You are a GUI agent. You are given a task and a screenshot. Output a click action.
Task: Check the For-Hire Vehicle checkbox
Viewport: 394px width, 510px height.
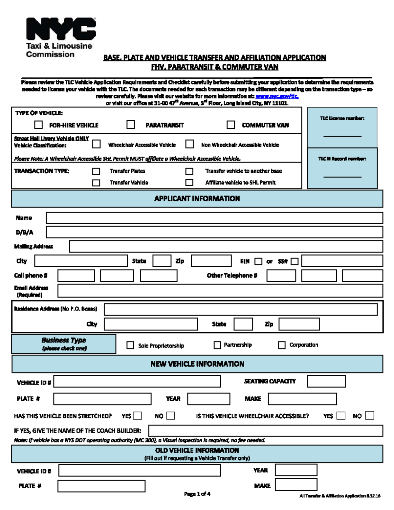[x=39, y=125]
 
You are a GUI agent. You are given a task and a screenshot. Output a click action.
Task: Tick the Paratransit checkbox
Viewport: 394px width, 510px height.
[x=131, y=124]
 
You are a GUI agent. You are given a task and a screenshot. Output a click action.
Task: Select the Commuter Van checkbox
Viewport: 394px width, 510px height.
[x=231, y=125]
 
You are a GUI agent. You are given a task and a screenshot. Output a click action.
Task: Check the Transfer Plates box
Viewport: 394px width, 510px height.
[x=96, y=171]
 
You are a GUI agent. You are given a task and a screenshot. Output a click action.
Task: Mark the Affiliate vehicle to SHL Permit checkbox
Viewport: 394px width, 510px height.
[x=189, y=182]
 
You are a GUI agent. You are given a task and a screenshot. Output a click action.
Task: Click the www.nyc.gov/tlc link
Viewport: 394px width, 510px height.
[x=277, y=96]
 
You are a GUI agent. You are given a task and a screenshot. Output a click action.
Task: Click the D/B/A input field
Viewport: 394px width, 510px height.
[x=214, y=232]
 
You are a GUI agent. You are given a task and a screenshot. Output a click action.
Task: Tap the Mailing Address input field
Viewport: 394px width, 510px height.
[x=226, y=246]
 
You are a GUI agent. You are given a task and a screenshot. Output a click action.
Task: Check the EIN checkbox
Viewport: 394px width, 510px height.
[x=259, y=261]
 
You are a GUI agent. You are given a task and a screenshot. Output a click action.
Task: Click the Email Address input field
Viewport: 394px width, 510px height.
[x=220, y=291]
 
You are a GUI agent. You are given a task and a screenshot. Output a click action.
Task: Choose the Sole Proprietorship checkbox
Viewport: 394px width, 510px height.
[x=130, y=345]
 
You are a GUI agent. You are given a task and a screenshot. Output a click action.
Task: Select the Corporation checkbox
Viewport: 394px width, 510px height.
[x=282, y=345]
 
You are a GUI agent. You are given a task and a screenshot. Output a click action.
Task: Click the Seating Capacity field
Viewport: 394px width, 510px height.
[x=326, y=382]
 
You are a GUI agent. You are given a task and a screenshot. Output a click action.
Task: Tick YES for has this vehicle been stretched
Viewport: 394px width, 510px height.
[x=138, y=416]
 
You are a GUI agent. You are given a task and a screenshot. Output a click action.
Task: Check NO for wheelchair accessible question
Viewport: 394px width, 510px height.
[x=370, y=416]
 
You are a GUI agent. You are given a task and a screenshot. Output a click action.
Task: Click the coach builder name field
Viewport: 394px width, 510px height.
[x=265, y=431]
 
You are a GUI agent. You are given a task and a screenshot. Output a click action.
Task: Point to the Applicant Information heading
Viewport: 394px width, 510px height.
[x=197, y=199]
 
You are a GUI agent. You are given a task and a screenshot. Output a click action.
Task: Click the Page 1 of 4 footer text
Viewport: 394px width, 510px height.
[x=197, y=494]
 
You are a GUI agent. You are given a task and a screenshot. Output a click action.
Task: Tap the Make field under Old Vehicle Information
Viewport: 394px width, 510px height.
[x=296, y=485]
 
